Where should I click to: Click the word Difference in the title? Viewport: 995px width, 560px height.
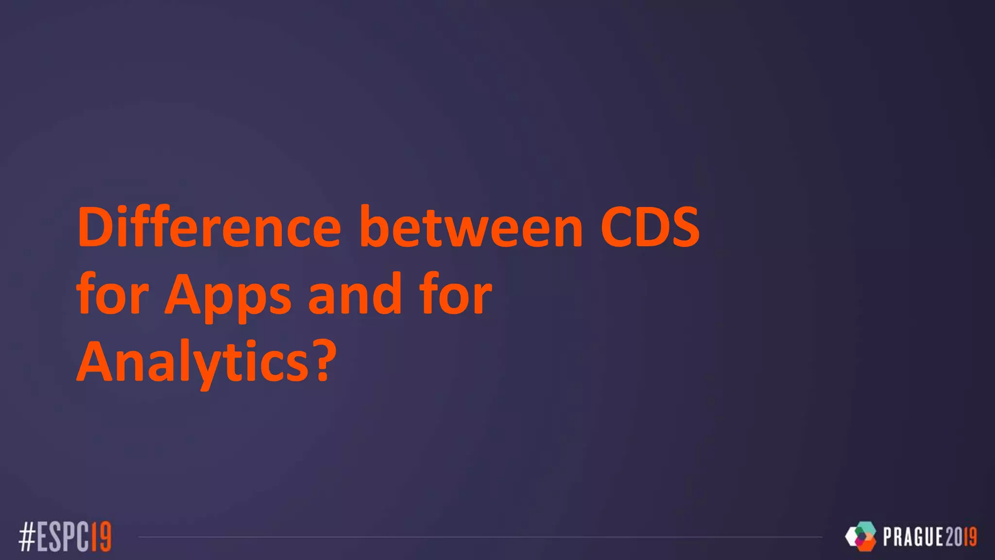tap(209, 227)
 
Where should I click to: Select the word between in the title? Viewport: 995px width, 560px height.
tap(471, 227)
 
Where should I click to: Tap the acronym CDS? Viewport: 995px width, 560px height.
tap(650, 227)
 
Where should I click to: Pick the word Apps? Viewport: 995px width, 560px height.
tap(228, 297)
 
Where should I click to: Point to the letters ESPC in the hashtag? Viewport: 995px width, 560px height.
tap(64, 537)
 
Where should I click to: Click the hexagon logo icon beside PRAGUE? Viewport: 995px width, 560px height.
tap(860, 536)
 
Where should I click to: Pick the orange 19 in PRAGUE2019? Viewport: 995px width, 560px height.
tap(970, 537)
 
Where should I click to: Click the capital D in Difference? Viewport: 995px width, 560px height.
tap(95, 227)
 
